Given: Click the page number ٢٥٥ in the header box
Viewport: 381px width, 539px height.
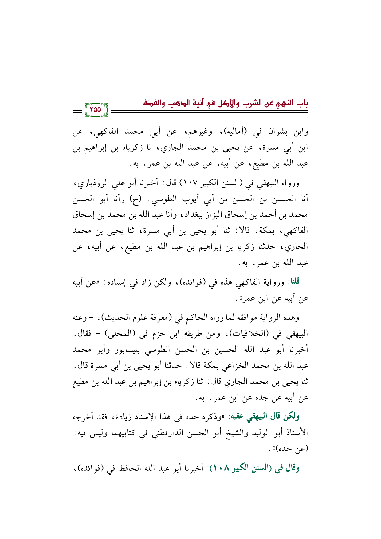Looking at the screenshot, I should coord(96,109).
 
